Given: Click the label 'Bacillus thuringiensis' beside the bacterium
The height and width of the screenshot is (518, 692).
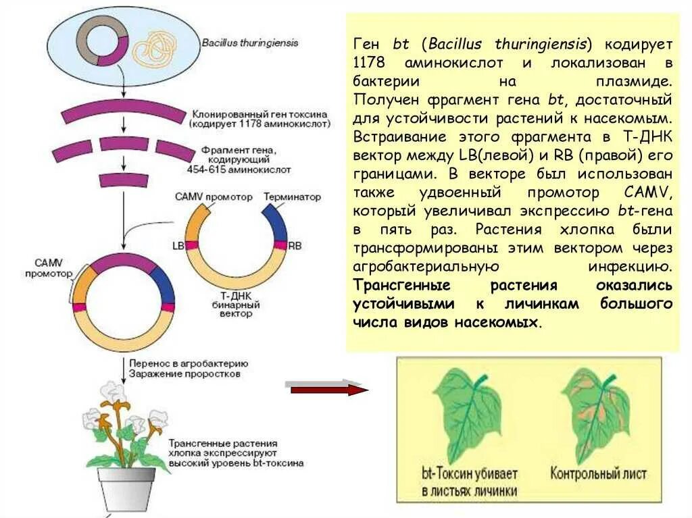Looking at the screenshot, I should pyautogui.click(x=250, y=43).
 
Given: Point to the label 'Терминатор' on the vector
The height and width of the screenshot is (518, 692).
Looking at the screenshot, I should pyautogui.click(x=292, y=197).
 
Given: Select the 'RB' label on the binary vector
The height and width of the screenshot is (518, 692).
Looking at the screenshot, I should pyautogui.click(x=295, y=245).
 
